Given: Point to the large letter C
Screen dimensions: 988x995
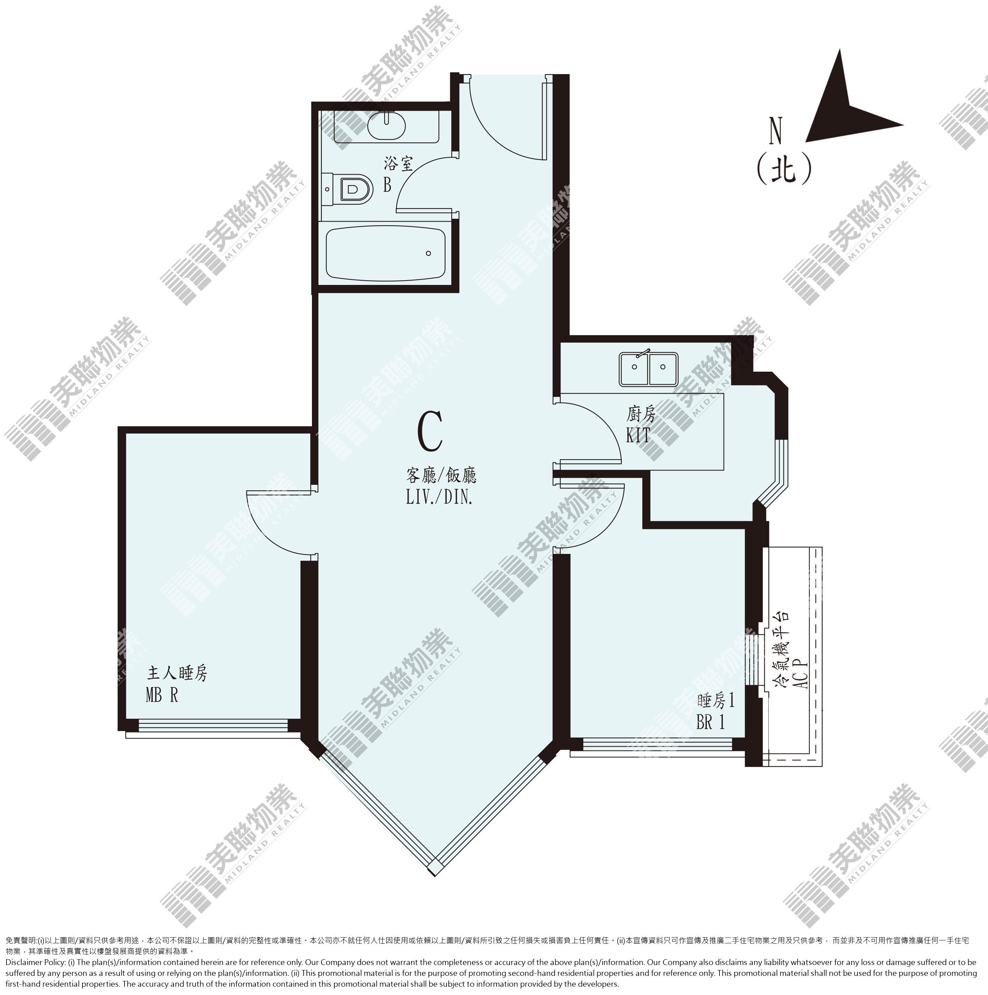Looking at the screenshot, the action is point(430,432).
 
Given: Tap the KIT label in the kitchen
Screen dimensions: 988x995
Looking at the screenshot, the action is point(638,436).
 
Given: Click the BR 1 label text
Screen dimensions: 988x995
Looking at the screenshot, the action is point(711,722).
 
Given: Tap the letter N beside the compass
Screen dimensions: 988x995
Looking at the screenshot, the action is point(775,131).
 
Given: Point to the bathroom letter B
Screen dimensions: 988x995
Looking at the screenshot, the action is point(387,185).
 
